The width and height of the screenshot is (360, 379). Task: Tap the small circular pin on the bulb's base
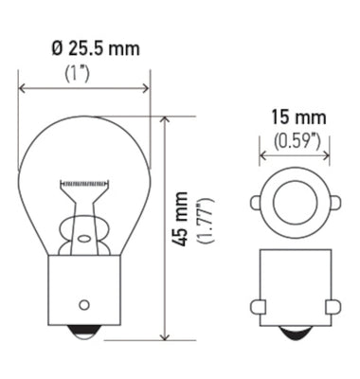point(84,304)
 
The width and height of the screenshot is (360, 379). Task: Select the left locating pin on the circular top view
point(256,202)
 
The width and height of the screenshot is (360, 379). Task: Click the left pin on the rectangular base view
point(257,306)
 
